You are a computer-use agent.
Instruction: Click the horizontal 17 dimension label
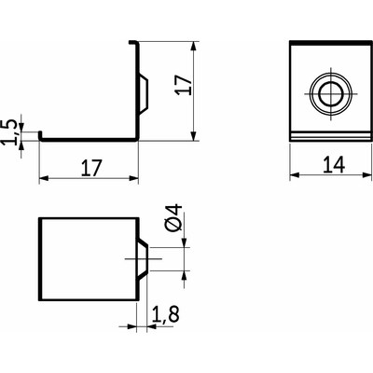91,168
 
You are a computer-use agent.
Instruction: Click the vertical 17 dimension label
184,85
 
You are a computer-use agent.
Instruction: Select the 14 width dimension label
334,165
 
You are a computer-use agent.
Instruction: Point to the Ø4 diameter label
173,218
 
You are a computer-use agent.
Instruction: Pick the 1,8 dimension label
165,313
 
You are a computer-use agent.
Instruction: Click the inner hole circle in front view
331,94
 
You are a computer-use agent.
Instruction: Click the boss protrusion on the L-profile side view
143,93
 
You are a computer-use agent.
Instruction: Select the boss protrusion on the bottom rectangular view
143,258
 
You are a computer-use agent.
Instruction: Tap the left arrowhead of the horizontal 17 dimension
44,178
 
